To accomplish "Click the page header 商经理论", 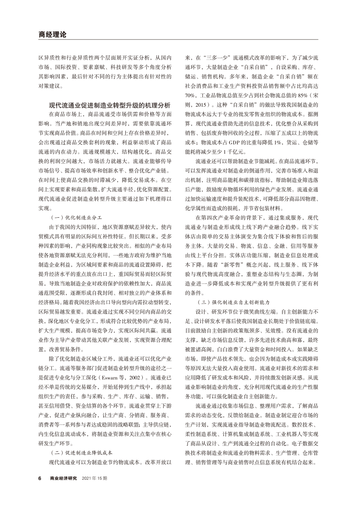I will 52,34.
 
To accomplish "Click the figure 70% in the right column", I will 190,95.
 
